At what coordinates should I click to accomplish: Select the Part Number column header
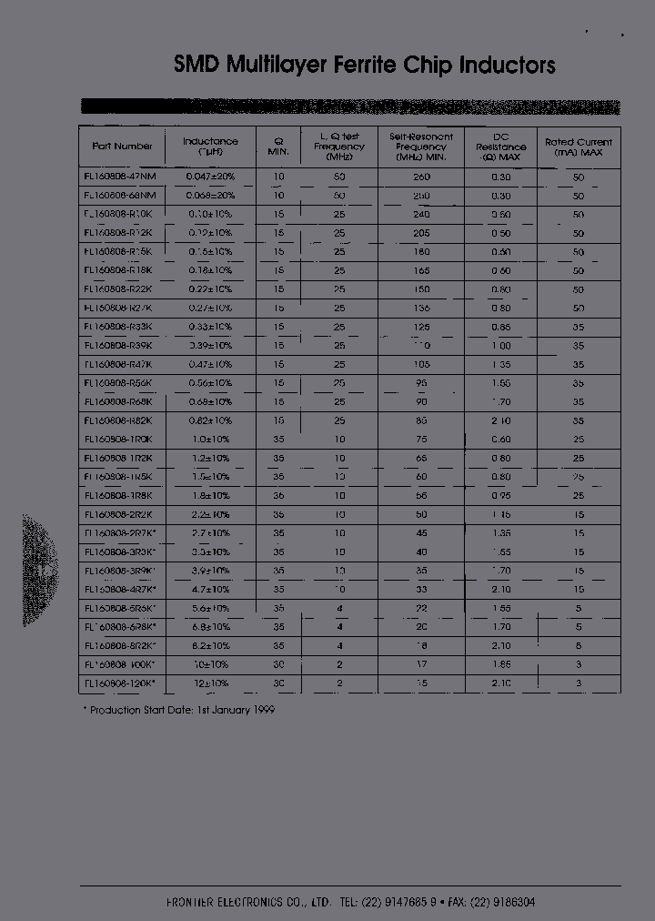122,146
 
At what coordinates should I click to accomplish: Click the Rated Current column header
579,147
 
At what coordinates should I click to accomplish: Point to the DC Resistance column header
500,147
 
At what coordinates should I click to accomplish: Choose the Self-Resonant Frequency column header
421,147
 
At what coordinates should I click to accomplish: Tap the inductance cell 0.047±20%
210,177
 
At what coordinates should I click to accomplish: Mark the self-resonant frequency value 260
421,177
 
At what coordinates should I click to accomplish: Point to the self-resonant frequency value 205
421,233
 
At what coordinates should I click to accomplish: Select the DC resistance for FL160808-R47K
500,364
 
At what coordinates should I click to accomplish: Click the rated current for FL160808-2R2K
579,514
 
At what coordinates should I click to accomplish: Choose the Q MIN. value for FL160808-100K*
279,664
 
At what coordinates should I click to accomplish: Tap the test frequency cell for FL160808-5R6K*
339,608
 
